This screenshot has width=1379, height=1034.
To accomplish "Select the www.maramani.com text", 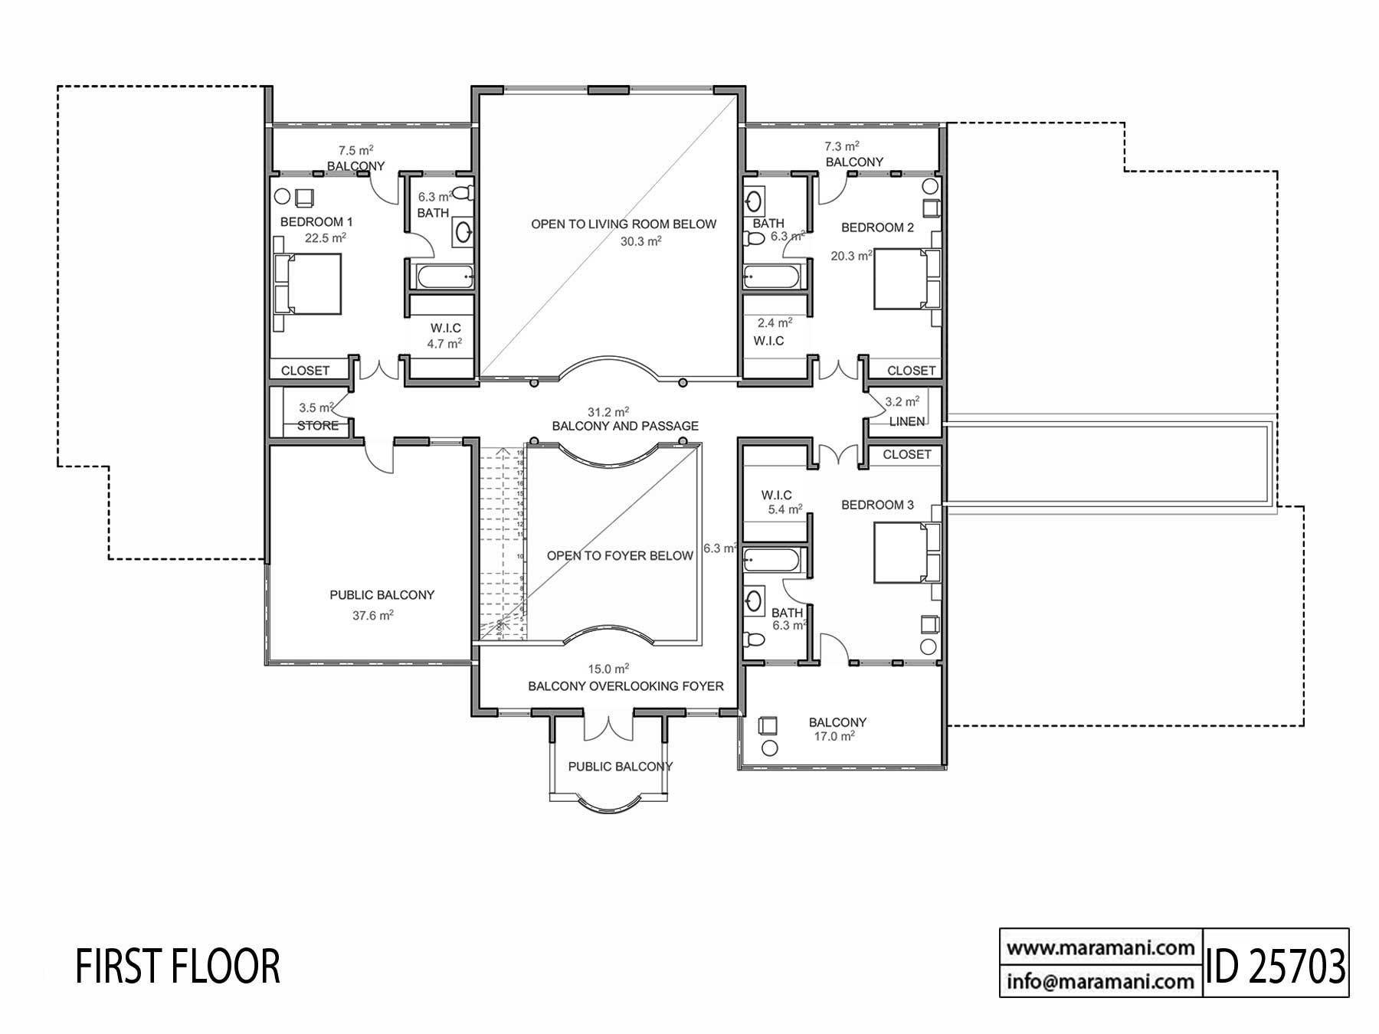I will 1100,947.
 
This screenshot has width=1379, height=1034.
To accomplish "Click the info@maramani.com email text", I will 1100,981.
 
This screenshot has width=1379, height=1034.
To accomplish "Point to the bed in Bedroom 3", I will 903,552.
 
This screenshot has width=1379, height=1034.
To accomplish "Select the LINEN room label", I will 907,421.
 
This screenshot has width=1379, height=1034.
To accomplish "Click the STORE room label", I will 317,426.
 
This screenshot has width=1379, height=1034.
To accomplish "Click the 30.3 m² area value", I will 640,241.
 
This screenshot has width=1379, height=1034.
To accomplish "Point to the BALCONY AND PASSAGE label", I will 625,426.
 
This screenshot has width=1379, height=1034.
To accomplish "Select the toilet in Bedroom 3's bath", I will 755,640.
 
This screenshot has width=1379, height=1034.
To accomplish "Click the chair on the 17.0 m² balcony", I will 767,725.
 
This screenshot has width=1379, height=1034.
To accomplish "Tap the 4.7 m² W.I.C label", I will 444,344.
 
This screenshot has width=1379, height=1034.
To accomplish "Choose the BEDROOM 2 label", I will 877,227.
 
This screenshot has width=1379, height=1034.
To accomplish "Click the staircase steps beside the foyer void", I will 502,544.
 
